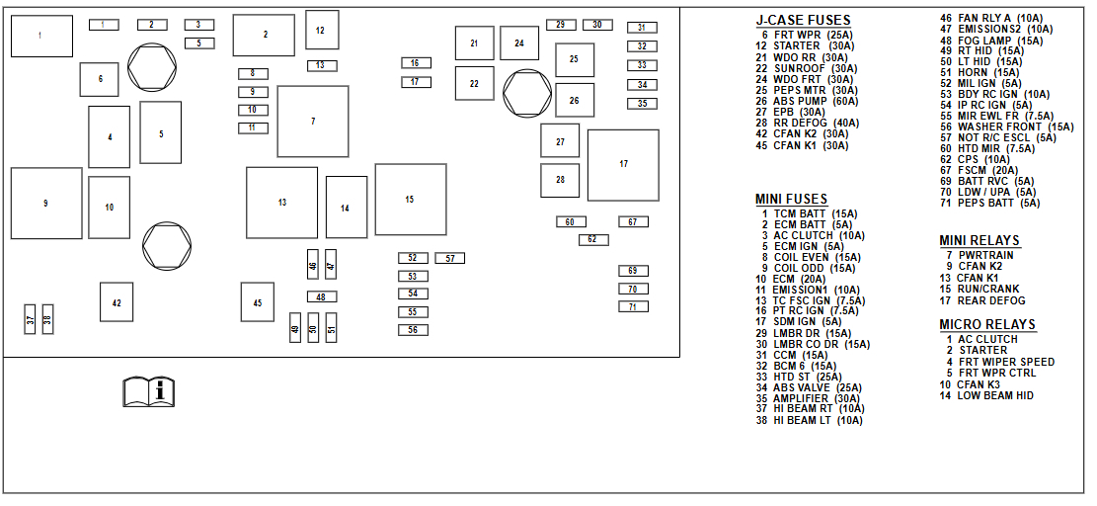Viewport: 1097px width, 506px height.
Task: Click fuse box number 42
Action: (117, 302)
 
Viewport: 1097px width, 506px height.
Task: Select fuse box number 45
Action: (257, 302)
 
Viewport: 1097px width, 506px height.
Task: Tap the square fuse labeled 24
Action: (518, 43)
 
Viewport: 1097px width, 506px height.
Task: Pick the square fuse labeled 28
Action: (560, 180)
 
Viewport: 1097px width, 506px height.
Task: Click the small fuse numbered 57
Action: (449, 258)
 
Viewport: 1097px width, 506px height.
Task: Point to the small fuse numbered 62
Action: (592, 239)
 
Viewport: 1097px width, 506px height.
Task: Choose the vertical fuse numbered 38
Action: (46, 319)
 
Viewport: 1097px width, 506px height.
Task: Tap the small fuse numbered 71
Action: (633, 306)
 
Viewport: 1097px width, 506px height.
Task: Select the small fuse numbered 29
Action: (560, 25)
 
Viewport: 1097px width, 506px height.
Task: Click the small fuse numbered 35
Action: (642, 103)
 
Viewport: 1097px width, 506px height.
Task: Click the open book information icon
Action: (149, 390)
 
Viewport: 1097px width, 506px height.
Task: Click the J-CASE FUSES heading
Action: (803, 20)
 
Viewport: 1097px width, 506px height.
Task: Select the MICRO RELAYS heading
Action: (987, 324)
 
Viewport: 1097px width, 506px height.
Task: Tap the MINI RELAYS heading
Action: (979, 240)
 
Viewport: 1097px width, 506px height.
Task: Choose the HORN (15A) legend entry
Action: (979, 72)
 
